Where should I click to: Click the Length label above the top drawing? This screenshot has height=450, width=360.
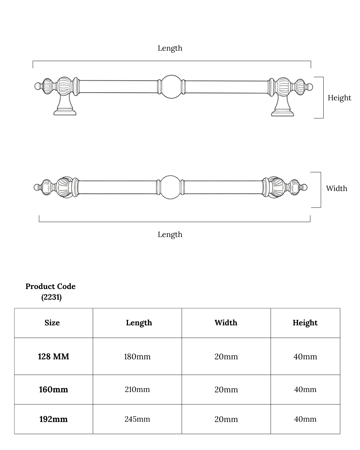point(170,48)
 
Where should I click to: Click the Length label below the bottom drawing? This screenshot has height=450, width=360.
point(170,234)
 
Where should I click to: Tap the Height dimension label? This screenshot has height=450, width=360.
point(339,98)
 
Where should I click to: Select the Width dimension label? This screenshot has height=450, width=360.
point(336,188)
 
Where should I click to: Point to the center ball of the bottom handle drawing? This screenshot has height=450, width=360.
point(170,187)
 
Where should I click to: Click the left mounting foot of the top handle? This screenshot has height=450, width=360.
point(65,109)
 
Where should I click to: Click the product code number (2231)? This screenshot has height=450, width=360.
point(51,297)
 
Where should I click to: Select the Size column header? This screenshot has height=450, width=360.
point(52,323)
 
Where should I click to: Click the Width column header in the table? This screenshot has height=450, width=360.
point(226,323)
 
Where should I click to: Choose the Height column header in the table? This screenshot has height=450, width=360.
point(305,323)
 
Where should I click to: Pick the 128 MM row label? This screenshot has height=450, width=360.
point(53,356)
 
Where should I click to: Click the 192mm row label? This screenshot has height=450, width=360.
point(53,419)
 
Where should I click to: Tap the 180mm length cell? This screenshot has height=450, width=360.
point(137,357)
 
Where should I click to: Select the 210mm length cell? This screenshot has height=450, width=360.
point(137,389)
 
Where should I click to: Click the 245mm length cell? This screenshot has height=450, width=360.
point(137,419)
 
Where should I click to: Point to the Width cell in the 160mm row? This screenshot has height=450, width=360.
point(226,389)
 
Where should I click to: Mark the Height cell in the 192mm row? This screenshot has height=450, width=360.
point(305,419)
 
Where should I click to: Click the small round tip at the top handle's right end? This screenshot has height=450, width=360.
point(310,87)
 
